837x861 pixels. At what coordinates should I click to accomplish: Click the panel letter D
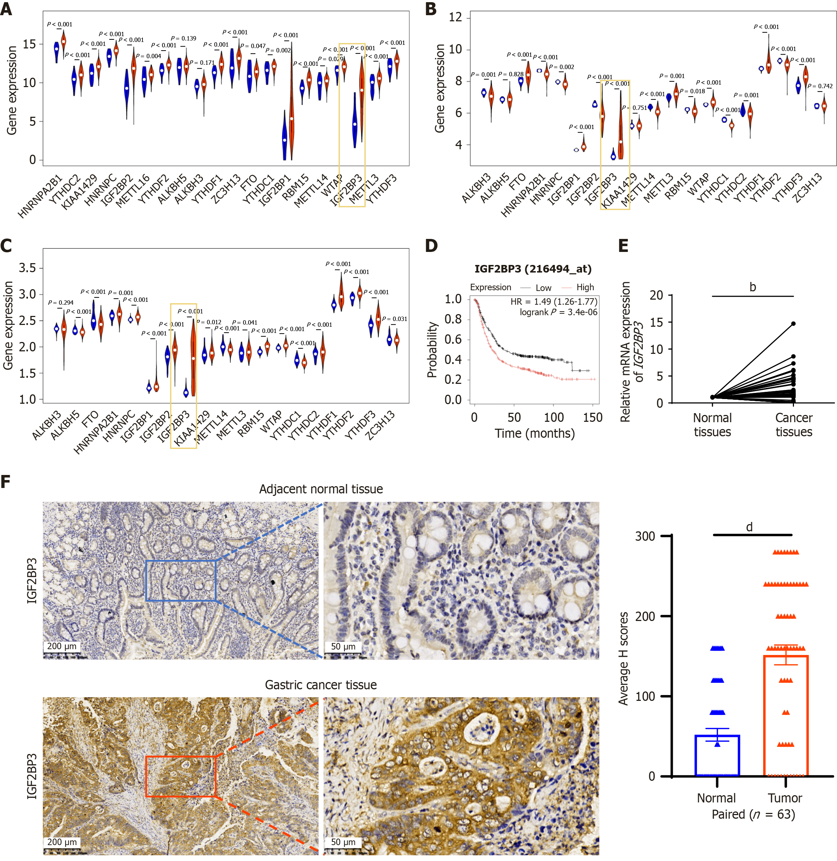[x=431, y=245]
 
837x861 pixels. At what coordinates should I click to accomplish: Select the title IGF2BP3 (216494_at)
[x=533, y=269]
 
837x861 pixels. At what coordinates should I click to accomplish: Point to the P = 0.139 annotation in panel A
[x=183, y=39]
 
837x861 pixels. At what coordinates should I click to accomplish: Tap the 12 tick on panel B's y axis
[x=455, y=18]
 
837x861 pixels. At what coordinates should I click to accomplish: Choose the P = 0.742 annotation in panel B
[x=820, y=86]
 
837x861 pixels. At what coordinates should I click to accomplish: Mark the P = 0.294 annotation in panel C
[x=61, y=303]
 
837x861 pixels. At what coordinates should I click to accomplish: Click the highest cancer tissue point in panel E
[x=794, y=324]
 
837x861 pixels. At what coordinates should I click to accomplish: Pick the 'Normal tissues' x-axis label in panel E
[x=712, y=424]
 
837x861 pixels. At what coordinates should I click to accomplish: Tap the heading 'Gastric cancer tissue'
[x=321, y=685]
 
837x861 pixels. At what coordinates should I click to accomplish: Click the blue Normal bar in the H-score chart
[x=717, y=755]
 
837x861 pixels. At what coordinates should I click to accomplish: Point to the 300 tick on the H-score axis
[x=645, y=536]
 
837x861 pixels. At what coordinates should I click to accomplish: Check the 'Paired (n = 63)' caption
[x=753, y=814]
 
